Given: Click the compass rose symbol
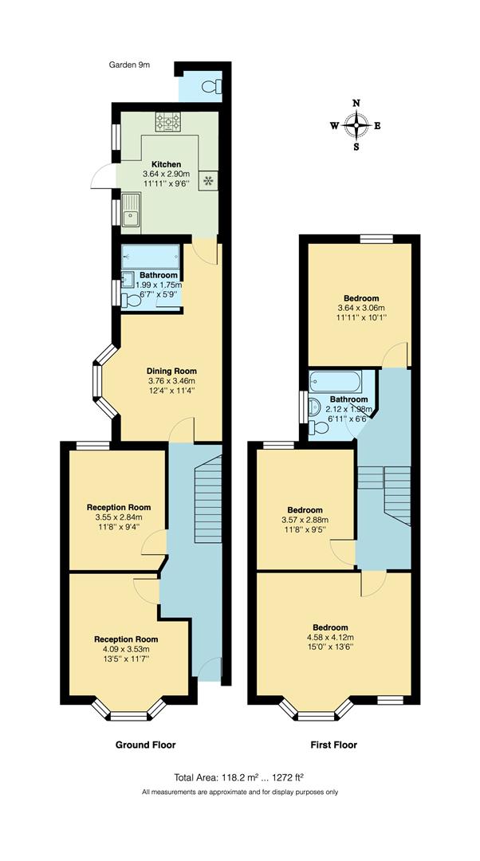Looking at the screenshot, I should [356, 124].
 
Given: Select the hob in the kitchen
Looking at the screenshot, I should [167, 122].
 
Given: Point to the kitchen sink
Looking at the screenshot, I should [131, 214].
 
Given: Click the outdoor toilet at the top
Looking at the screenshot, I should [211, 86].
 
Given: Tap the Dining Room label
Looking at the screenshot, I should [171, 371].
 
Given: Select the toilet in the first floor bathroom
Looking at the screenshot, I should [319, 427].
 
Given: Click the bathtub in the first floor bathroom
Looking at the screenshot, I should [335, 380].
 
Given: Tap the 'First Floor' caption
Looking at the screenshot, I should [333, 745].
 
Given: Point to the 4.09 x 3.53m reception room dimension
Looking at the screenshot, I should [126, 650].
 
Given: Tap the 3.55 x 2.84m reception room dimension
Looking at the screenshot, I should [118, 517].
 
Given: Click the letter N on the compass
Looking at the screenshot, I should [356, 103].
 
